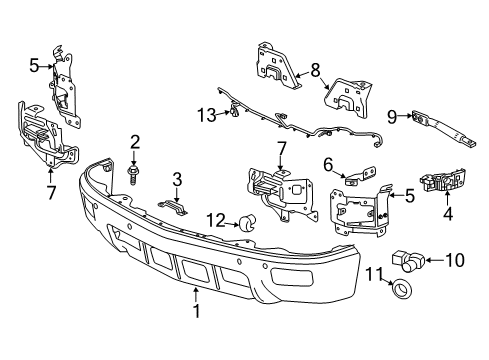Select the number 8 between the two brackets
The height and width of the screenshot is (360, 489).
click(316, 70)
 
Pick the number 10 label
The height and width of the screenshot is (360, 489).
click(459, 262)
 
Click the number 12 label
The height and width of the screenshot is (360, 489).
click(214, 219)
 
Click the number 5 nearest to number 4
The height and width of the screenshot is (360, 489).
click(410, 195)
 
